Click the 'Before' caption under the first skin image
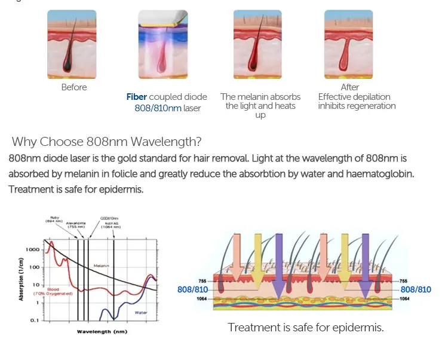[74, 87]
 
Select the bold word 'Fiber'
[136, 97]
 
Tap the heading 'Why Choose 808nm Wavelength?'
[106, 142]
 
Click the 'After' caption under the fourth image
[350, 87]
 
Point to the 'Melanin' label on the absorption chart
[100, 266]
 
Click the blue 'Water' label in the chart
[141, 312]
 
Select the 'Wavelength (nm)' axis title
[102, 331]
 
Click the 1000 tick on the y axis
[33, 249]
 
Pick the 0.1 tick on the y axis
[35, 321]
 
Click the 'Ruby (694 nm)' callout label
[54, 219]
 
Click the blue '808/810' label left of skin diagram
[193, 289]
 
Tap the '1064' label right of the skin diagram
[405, 298]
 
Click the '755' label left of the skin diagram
[202, 280]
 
